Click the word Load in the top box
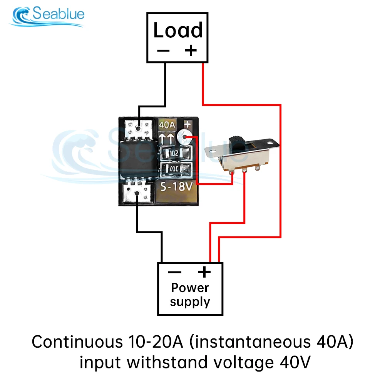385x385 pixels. pyautogui.click(x=177, y=31)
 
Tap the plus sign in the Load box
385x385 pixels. pyautogui.click(x=191, y=50)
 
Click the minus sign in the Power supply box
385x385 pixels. pyautogui.click(x=174, y=273)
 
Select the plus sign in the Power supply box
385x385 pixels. pyautogui.click(x=204, y=272)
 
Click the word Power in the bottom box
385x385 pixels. pyautogui.click(x=190, y=288)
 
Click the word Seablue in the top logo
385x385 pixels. pyautogui.click(x=58, y=15)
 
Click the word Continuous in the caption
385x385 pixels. pyautogui.click(x=75, y=341)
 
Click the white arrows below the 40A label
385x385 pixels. pyautogui.click(x=167, y=137)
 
